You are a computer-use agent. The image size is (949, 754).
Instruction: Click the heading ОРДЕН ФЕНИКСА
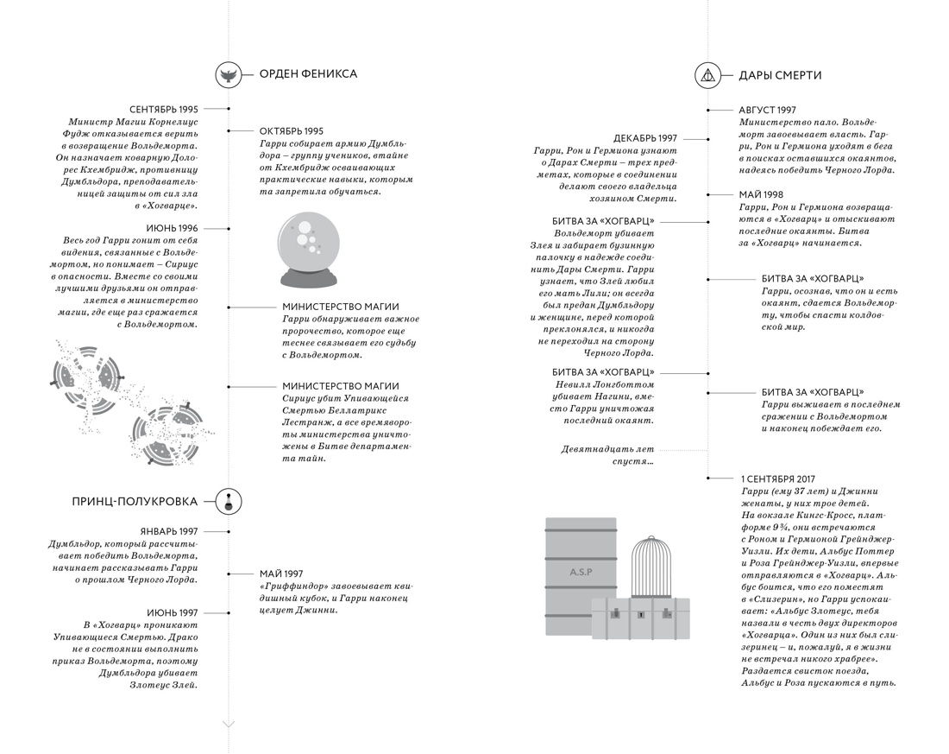coord(308,74)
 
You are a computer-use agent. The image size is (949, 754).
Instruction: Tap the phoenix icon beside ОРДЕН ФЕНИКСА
coord(229,74)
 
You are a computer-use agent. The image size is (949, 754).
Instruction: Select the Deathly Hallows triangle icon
coord(707,75)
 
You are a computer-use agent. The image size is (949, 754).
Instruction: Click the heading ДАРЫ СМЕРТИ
coord(780,75)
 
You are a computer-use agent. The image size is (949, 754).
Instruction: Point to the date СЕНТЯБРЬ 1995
coord(164,110)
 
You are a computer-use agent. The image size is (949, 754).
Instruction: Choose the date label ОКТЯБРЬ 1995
coord(292,130)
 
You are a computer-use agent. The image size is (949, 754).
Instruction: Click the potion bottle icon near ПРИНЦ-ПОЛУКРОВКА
coord(229,501)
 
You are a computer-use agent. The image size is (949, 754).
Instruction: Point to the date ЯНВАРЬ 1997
coord(169,531)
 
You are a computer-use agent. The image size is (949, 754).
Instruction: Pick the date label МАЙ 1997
coord(281,573)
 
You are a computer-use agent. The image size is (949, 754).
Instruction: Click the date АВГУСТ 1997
coord(767,111)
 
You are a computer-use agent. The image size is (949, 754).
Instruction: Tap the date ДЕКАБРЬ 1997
coord(645,138)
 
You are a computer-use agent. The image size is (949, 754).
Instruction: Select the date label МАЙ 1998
coord(761,195)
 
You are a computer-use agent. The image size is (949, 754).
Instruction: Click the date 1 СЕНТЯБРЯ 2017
coord(777,478)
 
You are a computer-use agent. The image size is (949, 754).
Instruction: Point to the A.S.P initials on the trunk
coord(581,573)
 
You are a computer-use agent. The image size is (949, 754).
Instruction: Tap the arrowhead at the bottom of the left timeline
coord(229,724)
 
